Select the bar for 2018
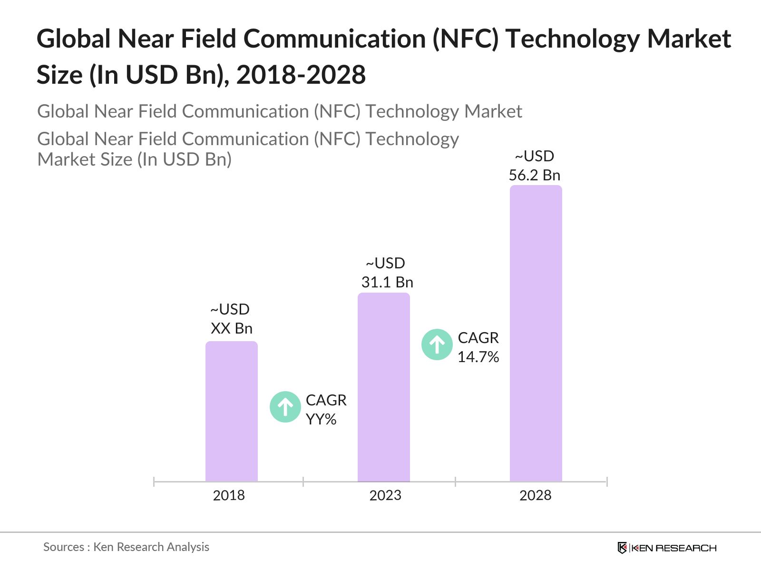(231, 412)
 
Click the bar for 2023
(383, 387)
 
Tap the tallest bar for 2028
(536, 333)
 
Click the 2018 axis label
(229, 495)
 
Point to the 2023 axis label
(385, 495)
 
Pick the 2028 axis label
(535, 495)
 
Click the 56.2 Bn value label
(535, 175)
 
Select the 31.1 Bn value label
(387, 282)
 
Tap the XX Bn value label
(232, 328)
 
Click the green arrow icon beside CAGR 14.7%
(437, 345)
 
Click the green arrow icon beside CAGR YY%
(285, 407)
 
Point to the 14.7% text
(478, 357)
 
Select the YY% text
(321, 419)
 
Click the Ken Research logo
(667, 548)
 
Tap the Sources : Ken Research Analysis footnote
(126, 547)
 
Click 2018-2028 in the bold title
(301, 75)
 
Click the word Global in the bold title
(74, 39)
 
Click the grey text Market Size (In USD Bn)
(134, 159)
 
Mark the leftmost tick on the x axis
(154, 482)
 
